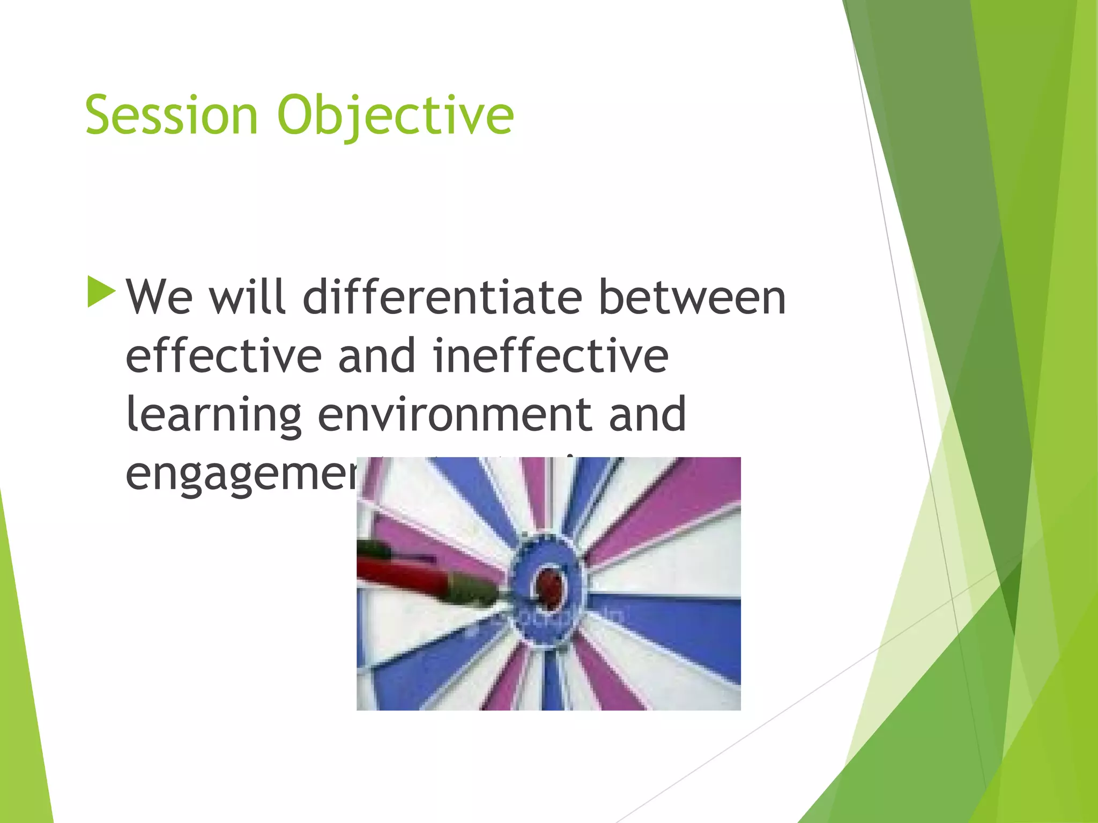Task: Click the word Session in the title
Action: coord(172,115)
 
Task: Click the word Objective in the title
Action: coord(395,115)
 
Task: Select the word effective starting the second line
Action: coord(224,356)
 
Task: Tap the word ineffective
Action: coord(551,356)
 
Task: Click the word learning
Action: coord(214,415)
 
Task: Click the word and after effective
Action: coord(377,356)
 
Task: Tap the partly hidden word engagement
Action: coord(241,475)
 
